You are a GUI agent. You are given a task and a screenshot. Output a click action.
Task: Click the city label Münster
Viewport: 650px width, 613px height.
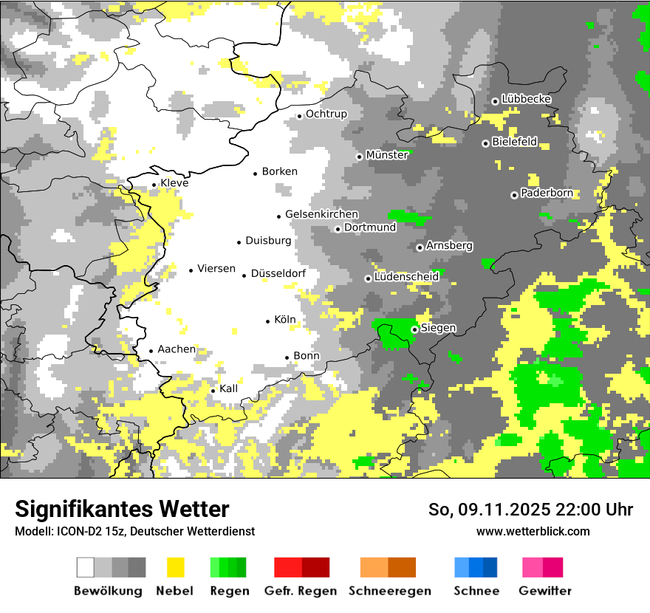point(387,155)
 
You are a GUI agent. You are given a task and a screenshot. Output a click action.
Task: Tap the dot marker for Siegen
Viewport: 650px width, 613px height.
point(415,329)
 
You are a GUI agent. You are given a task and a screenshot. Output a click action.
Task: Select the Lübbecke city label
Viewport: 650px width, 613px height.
point(526,99)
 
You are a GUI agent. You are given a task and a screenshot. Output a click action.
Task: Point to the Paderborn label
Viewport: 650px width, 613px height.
point(547,194)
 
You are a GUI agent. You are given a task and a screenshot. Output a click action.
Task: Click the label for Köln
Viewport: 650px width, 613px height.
point(284,320)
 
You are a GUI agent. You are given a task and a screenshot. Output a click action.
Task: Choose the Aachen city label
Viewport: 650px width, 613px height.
point(177,349)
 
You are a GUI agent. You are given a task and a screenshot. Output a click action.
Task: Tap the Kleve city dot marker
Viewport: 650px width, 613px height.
point(154,185)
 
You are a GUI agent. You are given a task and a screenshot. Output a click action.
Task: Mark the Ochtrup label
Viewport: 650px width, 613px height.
point(326,114)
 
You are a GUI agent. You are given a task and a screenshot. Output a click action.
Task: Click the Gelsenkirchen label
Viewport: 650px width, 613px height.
point(321,214)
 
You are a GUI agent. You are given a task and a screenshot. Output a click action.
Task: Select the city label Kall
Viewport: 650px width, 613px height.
point(229,388)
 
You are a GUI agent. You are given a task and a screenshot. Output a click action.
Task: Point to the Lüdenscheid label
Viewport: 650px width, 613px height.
point(406,277)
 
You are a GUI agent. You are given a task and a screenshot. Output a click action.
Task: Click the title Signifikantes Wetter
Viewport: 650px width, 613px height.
point(122,509)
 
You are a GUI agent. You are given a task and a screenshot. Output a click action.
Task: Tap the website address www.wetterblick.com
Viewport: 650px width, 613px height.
point(533,531)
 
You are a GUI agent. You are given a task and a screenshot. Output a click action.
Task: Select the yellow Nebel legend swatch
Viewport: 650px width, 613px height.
point(176,567)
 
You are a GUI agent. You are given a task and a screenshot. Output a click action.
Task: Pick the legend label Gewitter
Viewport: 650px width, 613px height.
point(544,591)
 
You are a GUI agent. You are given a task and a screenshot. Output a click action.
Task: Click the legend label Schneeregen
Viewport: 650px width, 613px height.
point(389,591)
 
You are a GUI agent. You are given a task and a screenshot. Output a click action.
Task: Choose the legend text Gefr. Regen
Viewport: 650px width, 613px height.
point(301,591)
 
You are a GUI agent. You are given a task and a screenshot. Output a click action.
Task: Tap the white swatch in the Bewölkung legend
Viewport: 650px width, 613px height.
point(86,567)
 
